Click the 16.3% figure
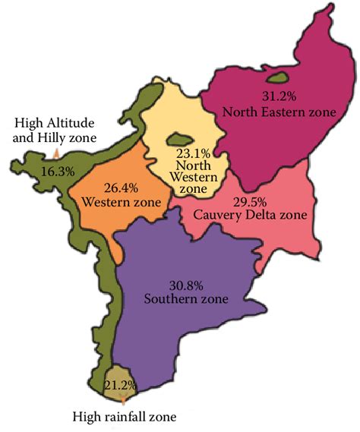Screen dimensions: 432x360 58,172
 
